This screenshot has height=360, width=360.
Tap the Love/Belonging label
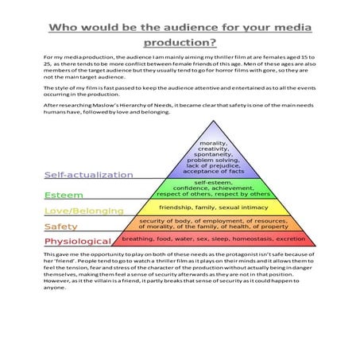point(83,211)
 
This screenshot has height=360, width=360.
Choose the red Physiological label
point(78,241)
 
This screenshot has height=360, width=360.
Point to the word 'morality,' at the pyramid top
point(212,143)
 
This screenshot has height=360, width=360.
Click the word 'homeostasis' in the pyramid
point(250,238)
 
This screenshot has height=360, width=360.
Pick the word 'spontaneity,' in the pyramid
point(212,156)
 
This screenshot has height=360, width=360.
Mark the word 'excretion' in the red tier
point(291,238)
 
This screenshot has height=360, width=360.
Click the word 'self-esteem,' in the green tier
point(212,181)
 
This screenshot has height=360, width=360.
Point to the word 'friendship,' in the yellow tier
point(180,206)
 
